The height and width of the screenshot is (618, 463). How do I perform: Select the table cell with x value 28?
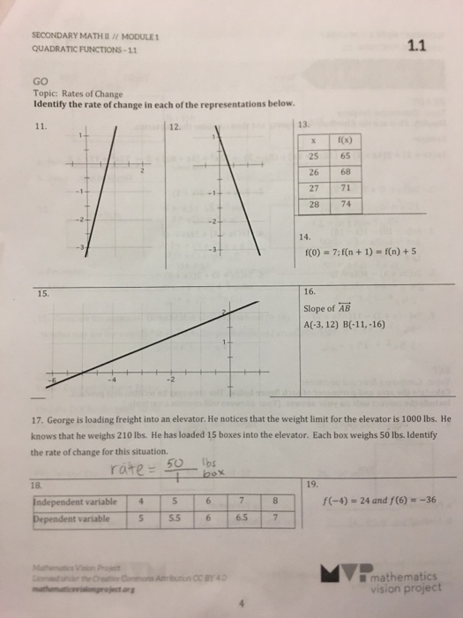pos(315,204)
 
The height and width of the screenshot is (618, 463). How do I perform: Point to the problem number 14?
pos(305,237)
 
